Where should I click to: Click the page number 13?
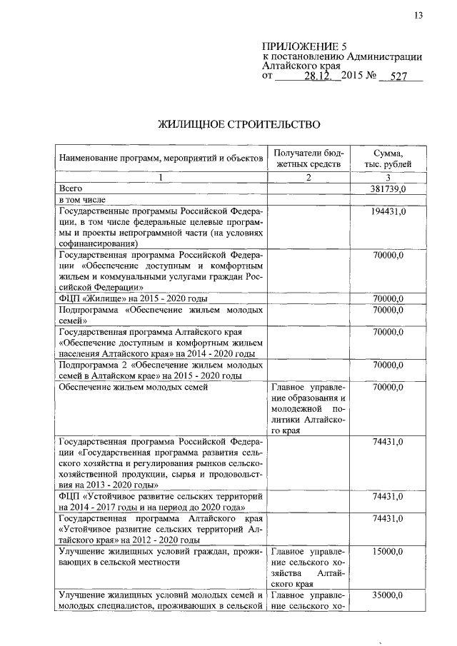(418, 16)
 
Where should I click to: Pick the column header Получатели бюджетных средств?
(308, 158)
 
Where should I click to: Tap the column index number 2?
(308, 177)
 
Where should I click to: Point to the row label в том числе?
(81, 200)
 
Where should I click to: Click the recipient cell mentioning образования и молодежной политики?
(308, 409)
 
